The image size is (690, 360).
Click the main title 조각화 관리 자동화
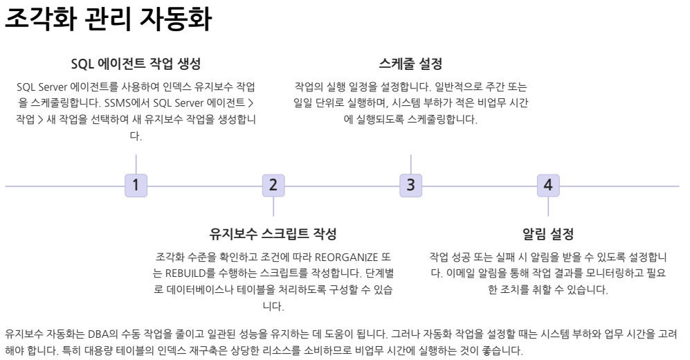108,19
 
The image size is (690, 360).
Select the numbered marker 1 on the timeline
136,186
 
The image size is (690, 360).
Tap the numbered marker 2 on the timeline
273,186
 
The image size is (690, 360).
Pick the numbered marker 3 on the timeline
410,186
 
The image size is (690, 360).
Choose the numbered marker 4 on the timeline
548,186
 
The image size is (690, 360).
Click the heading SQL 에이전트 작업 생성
136,64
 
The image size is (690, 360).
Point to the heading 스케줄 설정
410,64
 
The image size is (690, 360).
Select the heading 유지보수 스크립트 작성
273,234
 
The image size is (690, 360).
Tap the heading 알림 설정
548,234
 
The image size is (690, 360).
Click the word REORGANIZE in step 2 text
346,257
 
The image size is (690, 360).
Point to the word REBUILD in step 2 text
185,273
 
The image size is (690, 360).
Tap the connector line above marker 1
136,164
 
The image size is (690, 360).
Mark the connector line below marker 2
273,206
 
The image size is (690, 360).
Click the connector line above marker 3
410,164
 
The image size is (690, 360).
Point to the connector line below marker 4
548,206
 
